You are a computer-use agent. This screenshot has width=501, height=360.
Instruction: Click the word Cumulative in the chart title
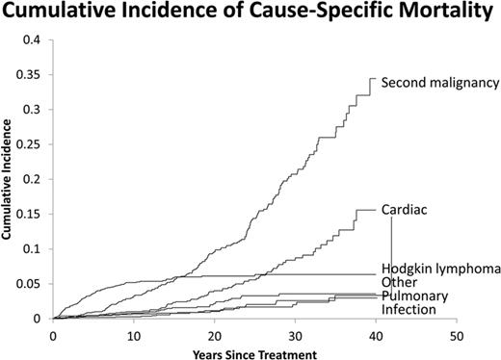pos(61,13)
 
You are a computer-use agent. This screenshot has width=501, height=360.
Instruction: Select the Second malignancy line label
pos(439,83)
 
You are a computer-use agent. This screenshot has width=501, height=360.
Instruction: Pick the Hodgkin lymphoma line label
pos(440,269)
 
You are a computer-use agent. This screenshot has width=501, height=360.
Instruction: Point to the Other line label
pos(400,282)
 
